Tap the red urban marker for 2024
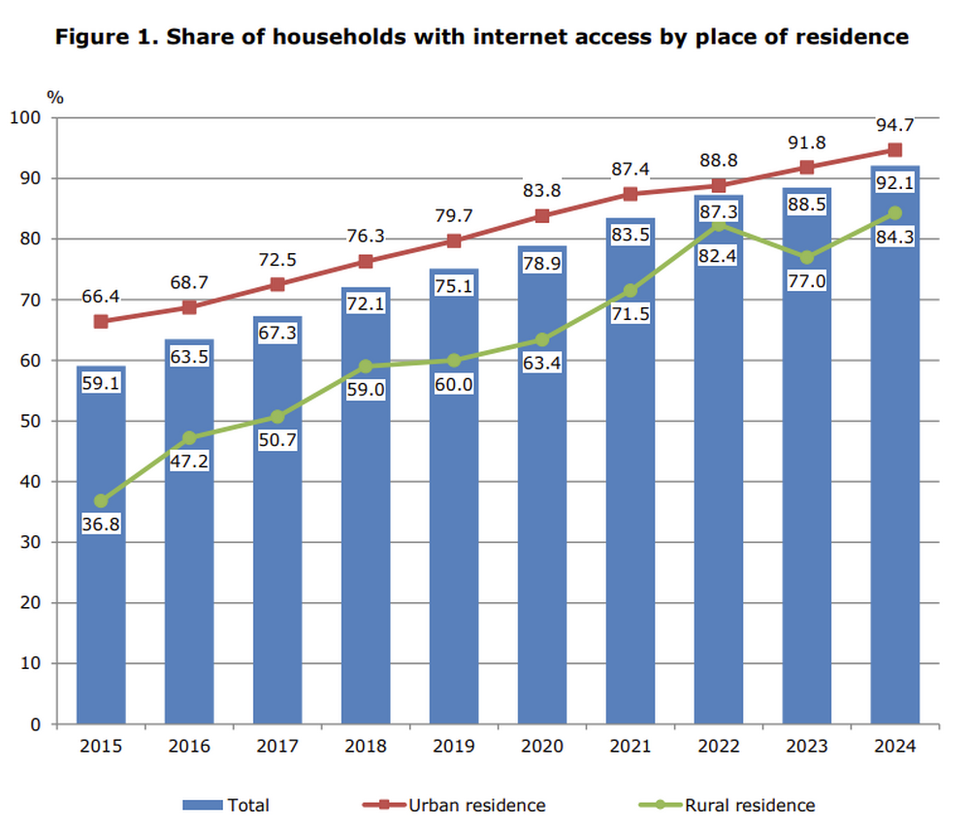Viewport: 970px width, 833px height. [894, 150]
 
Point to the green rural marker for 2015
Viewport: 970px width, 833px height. [101, 501]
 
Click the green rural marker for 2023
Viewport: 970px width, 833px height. [806, 257]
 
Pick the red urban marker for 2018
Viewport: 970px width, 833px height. [366, 261]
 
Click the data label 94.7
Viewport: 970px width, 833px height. [894, 125]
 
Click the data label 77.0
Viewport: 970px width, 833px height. [806, 282]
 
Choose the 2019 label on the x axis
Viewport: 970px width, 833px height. [454, 747]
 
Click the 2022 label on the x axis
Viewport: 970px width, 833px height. [718, 747]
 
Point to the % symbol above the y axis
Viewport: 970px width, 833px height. [55, 97]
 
